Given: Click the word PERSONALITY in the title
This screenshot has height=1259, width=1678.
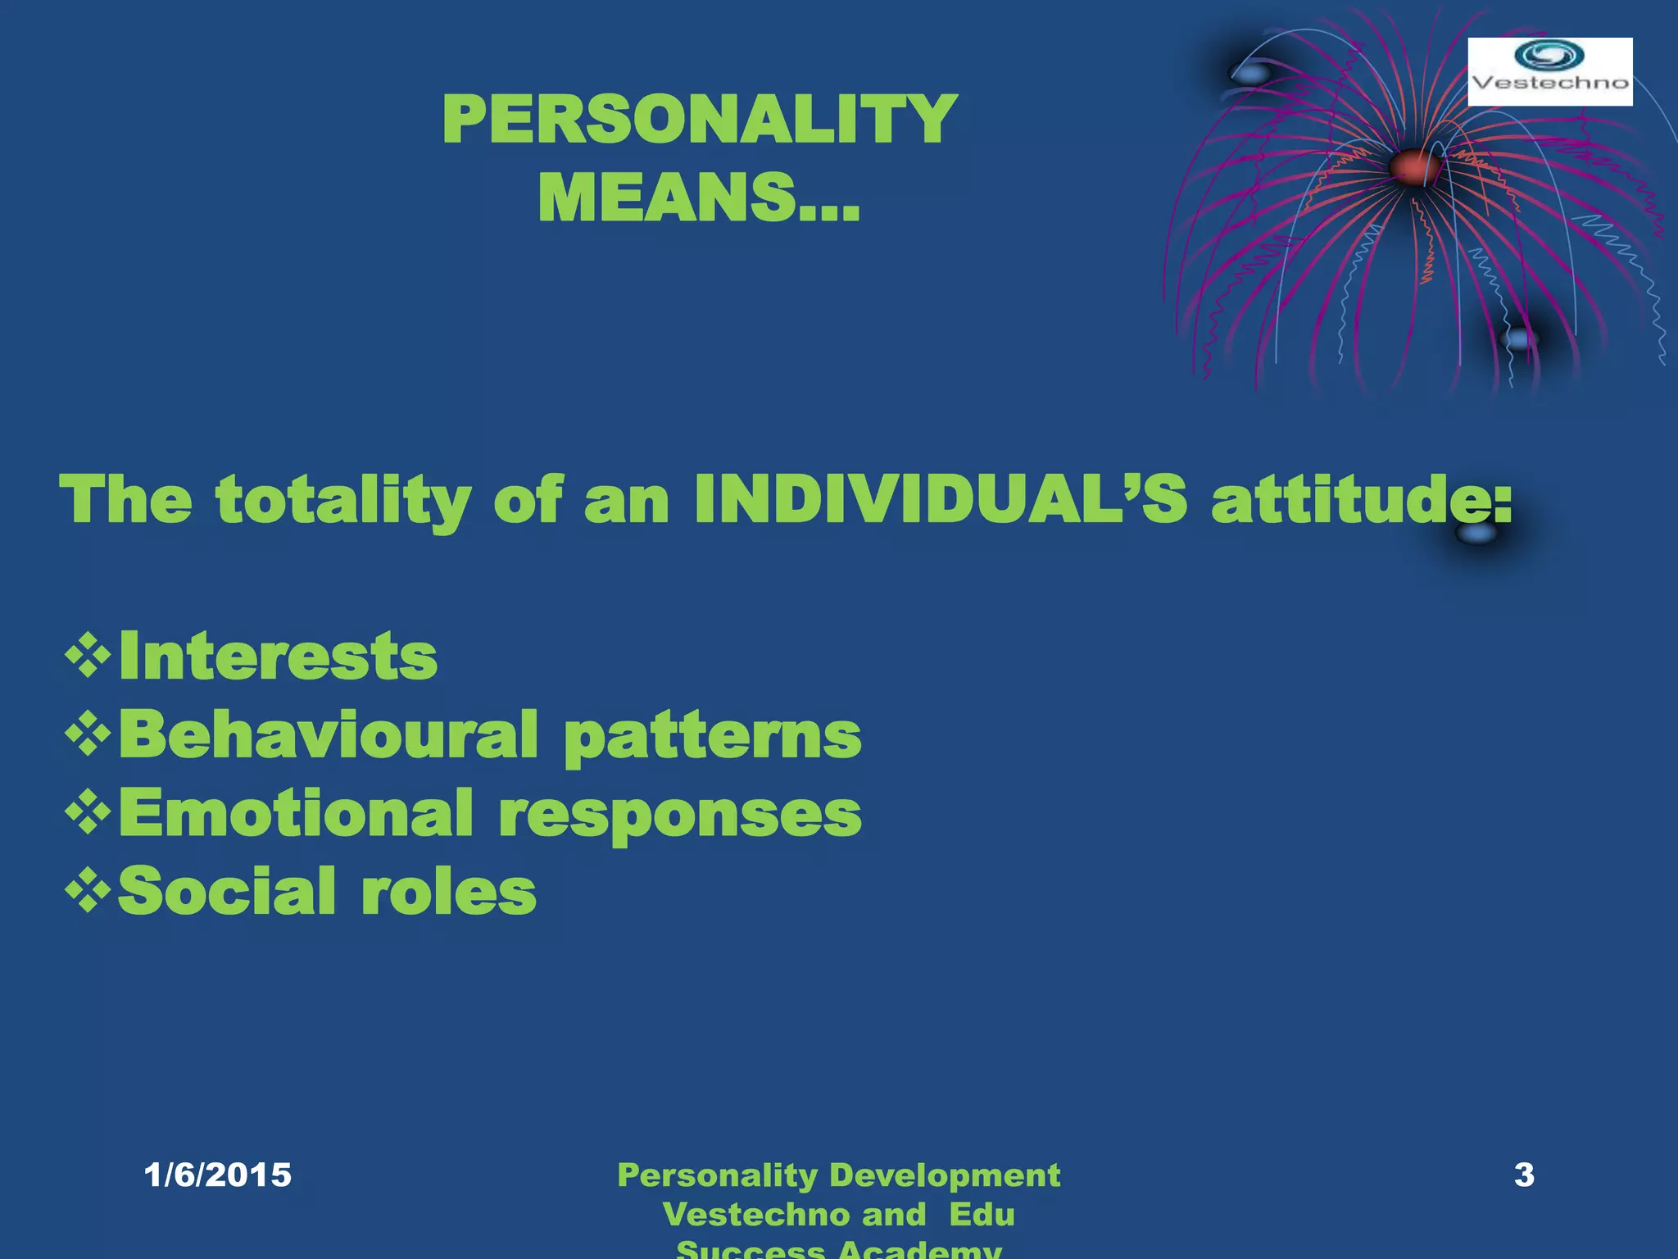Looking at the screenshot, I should (x=699, y=120).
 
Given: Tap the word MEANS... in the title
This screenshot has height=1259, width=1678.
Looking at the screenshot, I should (x=698, y=198).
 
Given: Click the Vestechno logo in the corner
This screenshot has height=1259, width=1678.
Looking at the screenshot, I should (x=1549, y=71).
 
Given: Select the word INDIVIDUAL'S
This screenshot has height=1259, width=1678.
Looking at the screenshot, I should (x=940, y=499).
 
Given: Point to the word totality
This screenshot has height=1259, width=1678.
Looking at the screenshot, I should (x=342, y=501).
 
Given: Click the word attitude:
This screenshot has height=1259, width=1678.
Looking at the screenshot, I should (x=1360, y=499).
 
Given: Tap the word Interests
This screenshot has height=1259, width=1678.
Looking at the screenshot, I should (x=278, y=656).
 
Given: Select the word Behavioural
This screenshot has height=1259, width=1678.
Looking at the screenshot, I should (x=329, y=734).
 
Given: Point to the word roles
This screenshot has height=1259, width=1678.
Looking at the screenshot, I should (x=448, y=891).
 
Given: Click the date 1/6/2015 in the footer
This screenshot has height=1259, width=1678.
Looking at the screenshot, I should (x=217, y=1175).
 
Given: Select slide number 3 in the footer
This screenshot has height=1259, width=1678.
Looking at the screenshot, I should (x=1524, y=1175).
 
